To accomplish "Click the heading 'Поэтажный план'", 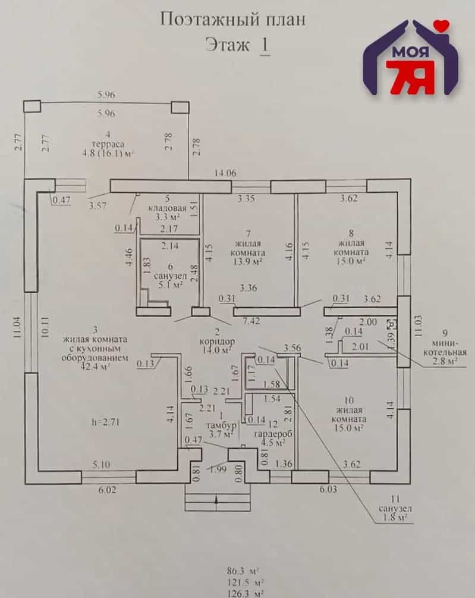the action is [232, 20].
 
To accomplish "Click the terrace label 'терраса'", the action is [108, 144].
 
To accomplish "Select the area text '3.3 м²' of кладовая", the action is [167, 217].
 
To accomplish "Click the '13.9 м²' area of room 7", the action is [248, 262].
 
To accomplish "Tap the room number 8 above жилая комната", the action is [351, 233].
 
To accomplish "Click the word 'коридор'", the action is [218, 341].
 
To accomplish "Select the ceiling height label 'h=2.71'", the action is [106, 422].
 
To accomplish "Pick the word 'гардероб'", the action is [273, 434].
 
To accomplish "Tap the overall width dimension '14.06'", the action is [225, 173].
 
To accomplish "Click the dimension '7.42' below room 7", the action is [251, 321].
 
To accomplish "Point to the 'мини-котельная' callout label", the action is [445, 347].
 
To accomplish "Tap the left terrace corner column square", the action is [32, 107].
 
